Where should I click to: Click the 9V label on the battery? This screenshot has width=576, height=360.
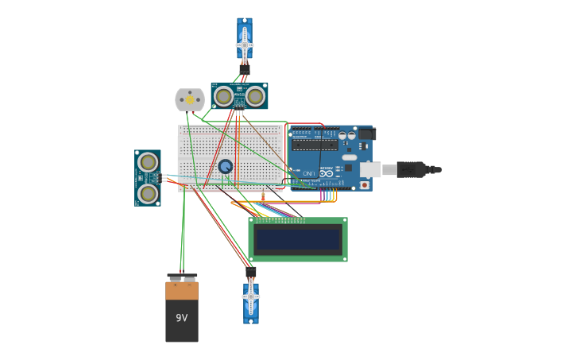point(182,318)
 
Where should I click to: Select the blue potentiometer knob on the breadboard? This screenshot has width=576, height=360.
point(226,166)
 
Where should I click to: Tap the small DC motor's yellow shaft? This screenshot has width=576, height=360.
point(190,100)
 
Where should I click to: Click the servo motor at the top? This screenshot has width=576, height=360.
point(245,40)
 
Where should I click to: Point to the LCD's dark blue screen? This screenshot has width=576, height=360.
point(297,239)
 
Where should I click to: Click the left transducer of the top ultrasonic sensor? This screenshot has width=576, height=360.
point(224,96)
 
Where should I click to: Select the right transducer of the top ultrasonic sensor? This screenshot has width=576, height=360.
point(255,96)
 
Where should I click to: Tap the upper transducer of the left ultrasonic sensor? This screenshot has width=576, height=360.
point(148,162)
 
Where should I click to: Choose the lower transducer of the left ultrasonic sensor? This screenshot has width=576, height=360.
point(148,193)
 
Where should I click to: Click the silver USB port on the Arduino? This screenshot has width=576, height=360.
point(369,169)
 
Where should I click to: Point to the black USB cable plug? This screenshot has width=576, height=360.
point(412,169)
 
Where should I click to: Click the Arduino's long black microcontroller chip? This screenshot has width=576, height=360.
point(314,145)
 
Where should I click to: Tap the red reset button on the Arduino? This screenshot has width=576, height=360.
point(365,185)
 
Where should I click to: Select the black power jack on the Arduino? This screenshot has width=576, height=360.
point(367,134)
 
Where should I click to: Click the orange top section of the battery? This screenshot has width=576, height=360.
point(182,291)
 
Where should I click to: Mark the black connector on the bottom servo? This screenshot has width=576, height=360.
point(251,273)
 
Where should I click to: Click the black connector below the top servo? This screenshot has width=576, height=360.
point(244,69)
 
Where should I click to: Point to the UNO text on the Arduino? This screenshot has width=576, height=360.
point(308,173)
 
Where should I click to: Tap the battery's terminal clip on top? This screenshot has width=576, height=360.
point(182,277)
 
